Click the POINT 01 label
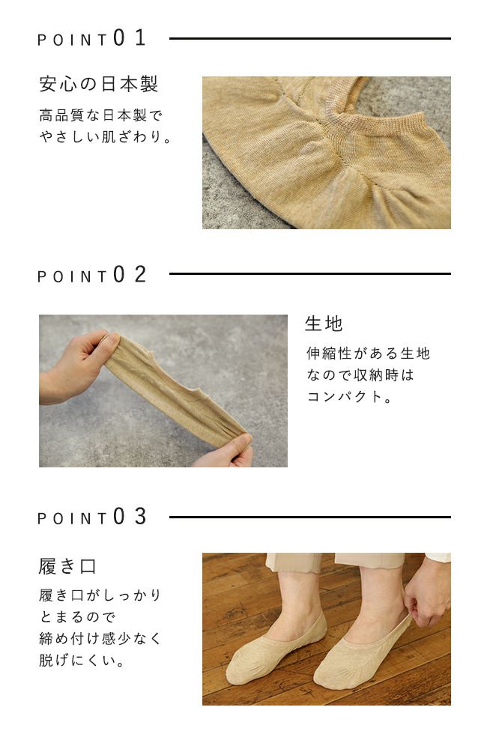[x=92, y=39]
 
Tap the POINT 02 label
[x=92, y=275]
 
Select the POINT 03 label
[x=92, y=518]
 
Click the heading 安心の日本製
[x=98, y=84]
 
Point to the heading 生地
[x=324, y=324]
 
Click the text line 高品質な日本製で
[x=100, y=116]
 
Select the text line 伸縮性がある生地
[x=368, y=354]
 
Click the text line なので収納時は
[x=360, y=375]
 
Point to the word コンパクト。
[x=349, y=397]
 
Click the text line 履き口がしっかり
[x=100, y=596]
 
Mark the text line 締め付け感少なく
[x=100, y=640]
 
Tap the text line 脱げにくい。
[x=82, y=661]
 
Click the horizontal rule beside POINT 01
[x=309, y=38]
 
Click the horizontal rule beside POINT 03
[x=309, y=517]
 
